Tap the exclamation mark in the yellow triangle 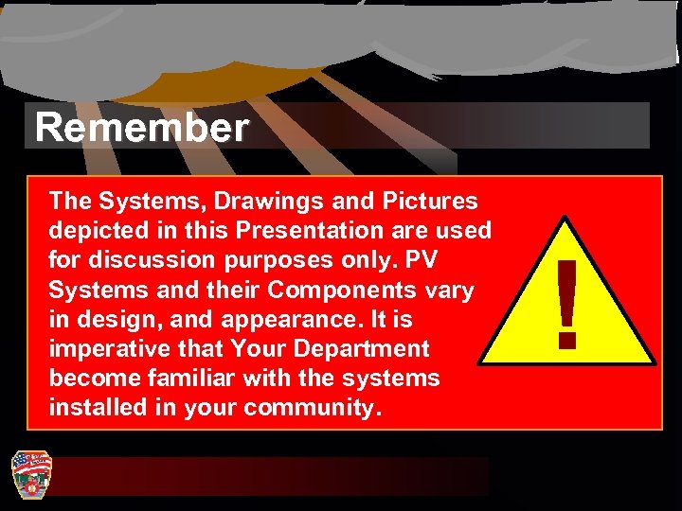click(x=566, y=305)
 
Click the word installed click(x=92, y=409)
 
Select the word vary click(x=446, y=290)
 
